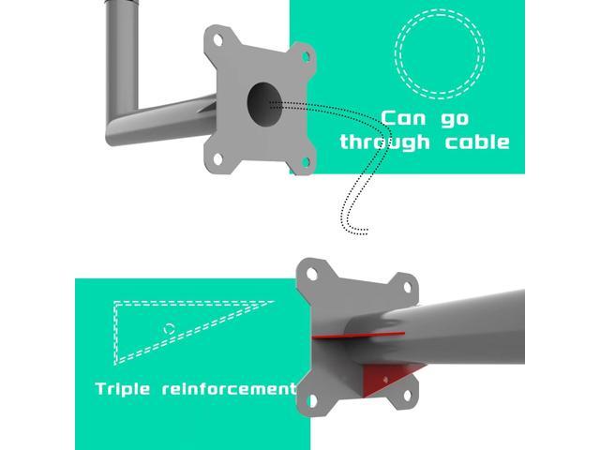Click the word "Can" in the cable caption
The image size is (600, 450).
[403, 118]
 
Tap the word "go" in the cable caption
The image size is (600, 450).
[455, 120]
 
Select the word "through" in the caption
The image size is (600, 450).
[384, 142]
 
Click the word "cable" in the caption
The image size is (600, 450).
[477, 142]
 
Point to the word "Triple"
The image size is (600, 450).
[123, 389]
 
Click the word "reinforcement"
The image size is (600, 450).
[229, 389]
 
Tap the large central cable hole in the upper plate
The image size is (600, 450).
[264, 104]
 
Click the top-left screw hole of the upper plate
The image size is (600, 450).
[217, 39]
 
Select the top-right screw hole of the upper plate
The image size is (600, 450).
[306, 57]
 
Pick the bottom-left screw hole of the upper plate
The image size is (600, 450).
[217, 158]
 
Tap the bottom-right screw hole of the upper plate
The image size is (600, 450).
[306, 162]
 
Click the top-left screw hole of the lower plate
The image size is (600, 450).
[312, 274]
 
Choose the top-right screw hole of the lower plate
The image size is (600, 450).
[407, 287]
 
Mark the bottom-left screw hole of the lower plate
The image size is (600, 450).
[312, 400]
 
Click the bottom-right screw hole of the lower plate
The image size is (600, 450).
[407, 396]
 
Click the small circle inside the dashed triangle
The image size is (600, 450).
[169, 328]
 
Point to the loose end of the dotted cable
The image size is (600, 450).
[367, 232]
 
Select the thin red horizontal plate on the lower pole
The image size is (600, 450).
[358, 336]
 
